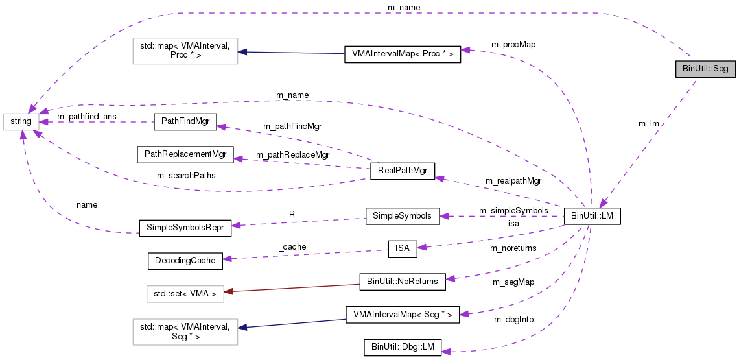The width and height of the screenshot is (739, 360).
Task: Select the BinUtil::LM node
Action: tap(592, 217)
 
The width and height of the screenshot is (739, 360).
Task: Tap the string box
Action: tap(21, 121)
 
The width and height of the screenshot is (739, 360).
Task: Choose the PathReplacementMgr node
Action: tap(185, 155)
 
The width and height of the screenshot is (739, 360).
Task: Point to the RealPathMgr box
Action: tap(402, 172)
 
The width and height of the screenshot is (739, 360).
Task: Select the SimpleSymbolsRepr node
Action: tap(185, 227)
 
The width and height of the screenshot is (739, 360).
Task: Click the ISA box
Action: tap(402, 248)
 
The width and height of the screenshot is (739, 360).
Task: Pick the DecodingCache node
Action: tap(185, 261)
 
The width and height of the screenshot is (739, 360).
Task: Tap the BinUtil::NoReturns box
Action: tap(402, 282)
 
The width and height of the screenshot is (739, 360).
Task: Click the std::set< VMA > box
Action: tap(185, 294)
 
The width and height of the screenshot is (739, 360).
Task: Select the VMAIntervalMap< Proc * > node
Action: tap(402, 54)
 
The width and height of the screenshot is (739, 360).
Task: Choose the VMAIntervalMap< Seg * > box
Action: tap(402, 315)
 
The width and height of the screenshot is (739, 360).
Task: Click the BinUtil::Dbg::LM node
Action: tap(402, 348)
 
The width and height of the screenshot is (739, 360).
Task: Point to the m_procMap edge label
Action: tap(513, 45)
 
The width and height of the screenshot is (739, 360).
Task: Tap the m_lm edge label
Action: tap(649, 123)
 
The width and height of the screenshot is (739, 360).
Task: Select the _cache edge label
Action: tap(292, 247)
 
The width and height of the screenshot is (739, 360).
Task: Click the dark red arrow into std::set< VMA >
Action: tap(292, 288)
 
